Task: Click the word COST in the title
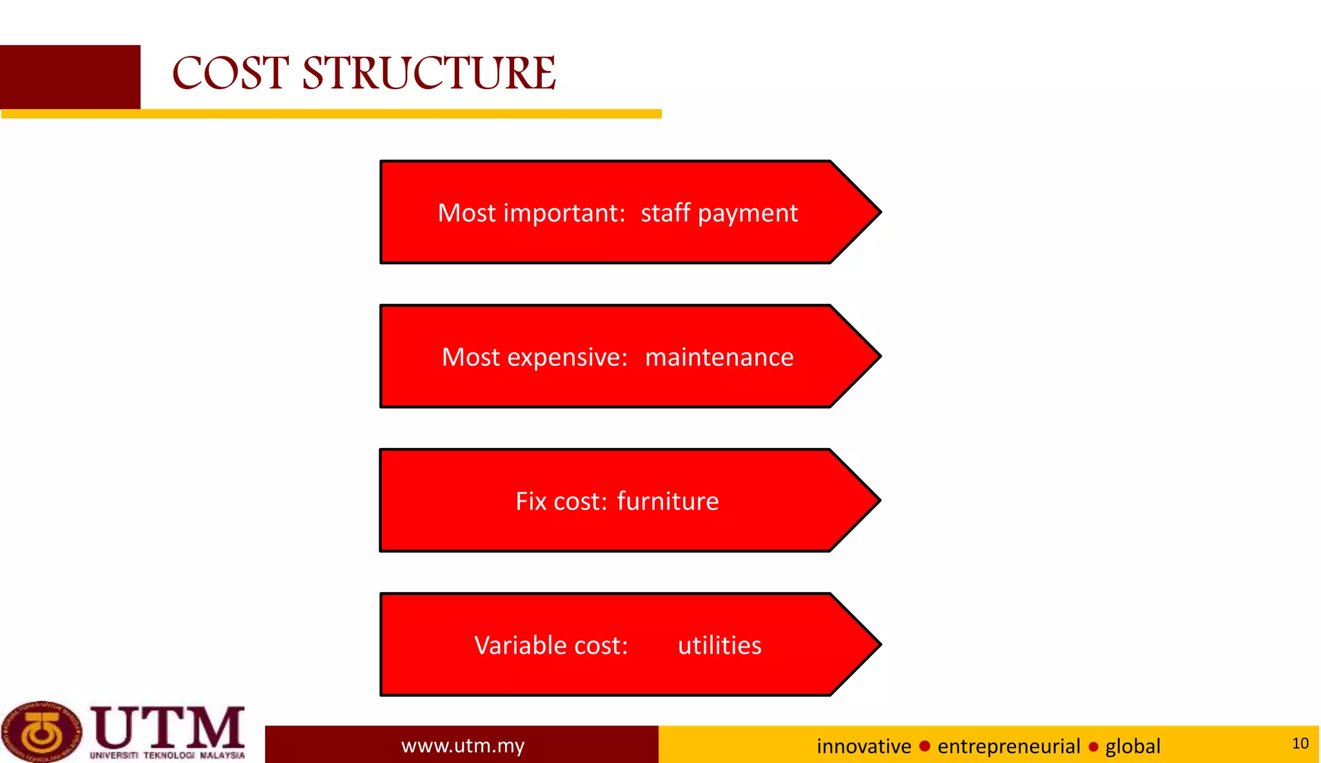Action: pyautogui.click(x=230, y=73)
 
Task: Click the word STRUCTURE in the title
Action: pyautogui.click(x=429, y=73)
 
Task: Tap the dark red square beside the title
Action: pyautogui.click(x=70, y=77)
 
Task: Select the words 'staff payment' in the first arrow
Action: pyautogui.click(x=719, y=213)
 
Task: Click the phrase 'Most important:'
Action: pyautogui.click(x=531, y=213)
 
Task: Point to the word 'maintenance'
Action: pyautogui.click(x=719, y=357)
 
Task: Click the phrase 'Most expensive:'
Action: pyautogui.click(x=534, y=357)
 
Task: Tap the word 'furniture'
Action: pyautogui.click(x=667, y=502)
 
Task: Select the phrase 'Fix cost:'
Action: pyautogui.click(x=561, y=502)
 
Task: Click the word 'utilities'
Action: pyautogui.click(x=719, y=646)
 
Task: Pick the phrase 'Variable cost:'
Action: pyautogui.click(x=551, y=646)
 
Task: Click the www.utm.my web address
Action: pyautogui.click(x=462, y=746)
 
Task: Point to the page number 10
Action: pyautogui.click(x=1300, y=744)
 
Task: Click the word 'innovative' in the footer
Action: pyautogui.click(x=863, y=746)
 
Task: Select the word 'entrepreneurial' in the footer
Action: pyautogui.click(x=1008, y=746)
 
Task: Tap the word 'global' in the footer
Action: pyautogui.click(x=1132, y=746)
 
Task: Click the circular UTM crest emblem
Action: pyautogui.click(x=42, y=732)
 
